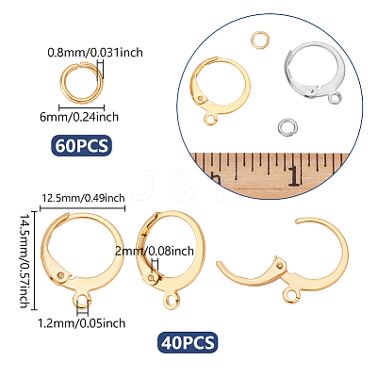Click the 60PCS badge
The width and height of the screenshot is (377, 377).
pyautogui.click(x=81, y=145)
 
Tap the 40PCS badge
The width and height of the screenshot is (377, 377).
pyautogui.click(x=188, y=342)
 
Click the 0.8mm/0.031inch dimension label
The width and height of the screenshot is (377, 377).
pyautogui.click(x=95, y=52)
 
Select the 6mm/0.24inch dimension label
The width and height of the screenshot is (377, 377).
pyautogui.click(x=79, y=117)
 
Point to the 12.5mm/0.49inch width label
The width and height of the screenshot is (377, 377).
pyautogui.click(x=83, y=198)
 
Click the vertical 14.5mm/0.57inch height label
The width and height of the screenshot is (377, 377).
pyautogui.click(x=25, y=261)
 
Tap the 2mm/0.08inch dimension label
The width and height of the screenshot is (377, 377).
pyautogui.click(x=155, y=251)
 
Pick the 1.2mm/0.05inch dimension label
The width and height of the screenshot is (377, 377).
pyautogui.click(x=82, y=323)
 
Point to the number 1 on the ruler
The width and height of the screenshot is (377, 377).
pyautogui.click(x=294, y=176)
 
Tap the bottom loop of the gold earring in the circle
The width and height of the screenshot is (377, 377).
pyautogui.click(x=205, y=119)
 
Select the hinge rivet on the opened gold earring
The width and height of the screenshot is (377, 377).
pyautogui.click(x=281, y=266)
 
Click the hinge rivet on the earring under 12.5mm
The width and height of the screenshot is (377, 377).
pyautogui.click(x=61, y=275)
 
